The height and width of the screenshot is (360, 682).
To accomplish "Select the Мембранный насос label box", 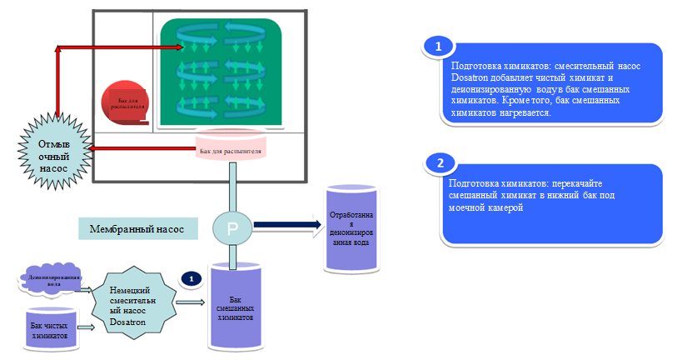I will click(x=137, y=227).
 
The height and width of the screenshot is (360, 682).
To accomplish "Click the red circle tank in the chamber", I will click(x=125, y=102).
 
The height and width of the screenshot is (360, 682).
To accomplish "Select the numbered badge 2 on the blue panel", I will click(x=439, y=162).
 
